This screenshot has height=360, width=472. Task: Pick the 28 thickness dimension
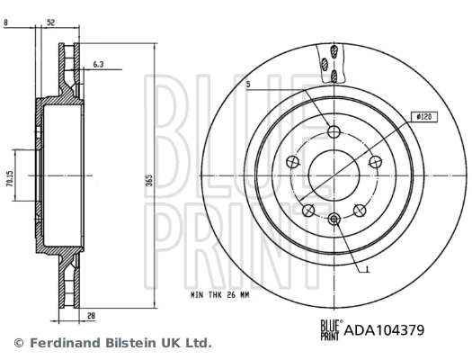[x=92, y=316]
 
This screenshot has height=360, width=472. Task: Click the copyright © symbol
[x=18, y=343]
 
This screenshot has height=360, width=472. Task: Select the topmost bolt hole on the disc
[x=334, y=133]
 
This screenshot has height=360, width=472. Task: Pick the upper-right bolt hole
[x=375, y=162]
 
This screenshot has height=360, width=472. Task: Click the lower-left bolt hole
[x=308, y=210]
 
